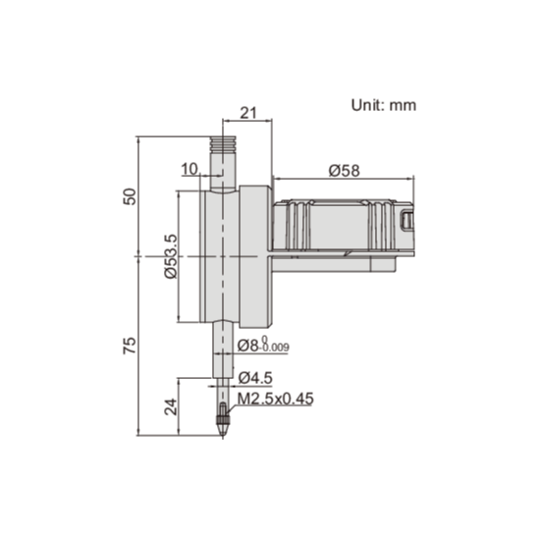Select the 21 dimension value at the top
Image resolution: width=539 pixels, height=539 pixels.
click(x=246, y=114)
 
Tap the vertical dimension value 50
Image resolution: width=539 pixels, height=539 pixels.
click(x=129, y=192)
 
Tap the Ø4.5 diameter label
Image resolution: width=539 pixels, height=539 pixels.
click(x=255, y=377)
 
